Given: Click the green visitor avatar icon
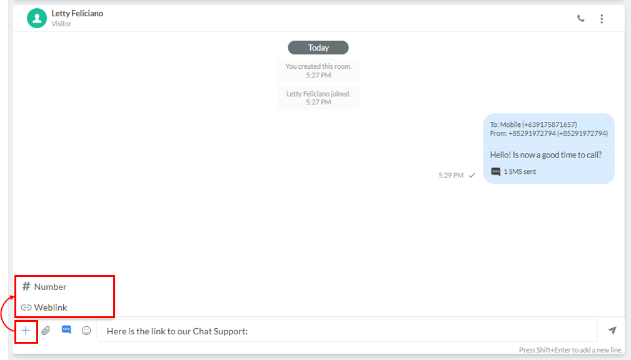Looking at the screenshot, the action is [x=37, y=18].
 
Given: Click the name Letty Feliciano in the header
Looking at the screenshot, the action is [x=78, y=13].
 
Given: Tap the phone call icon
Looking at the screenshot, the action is [x=581, y=19].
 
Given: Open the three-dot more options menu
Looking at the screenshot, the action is [x=602, y=19].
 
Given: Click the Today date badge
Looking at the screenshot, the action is [x=318, y=47].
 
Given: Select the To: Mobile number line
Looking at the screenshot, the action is [x=533, y=125].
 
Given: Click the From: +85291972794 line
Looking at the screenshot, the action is [x=549, y=134].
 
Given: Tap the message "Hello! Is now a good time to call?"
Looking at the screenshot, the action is [x=546, y=155].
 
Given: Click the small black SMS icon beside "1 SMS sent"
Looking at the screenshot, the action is [x=495, y=172].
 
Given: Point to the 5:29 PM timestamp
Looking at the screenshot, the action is [x=451, y=176].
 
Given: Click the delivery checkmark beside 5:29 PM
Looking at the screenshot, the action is [x=472, y=176].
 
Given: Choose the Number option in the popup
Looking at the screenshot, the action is [x=44, y=287].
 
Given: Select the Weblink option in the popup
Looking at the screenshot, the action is [x=44, y=307].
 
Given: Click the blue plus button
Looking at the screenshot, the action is [x=26, y=331].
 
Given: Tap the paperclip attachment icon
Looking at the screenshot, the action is [x=46, y=331].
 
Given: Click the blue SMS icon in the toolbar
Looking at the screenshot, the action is [x=66, y=330].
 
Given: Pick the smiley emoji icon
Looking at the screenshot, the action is [x=86, y=331].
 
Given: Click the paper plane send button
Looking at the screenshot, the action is [x=612, y=331].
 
